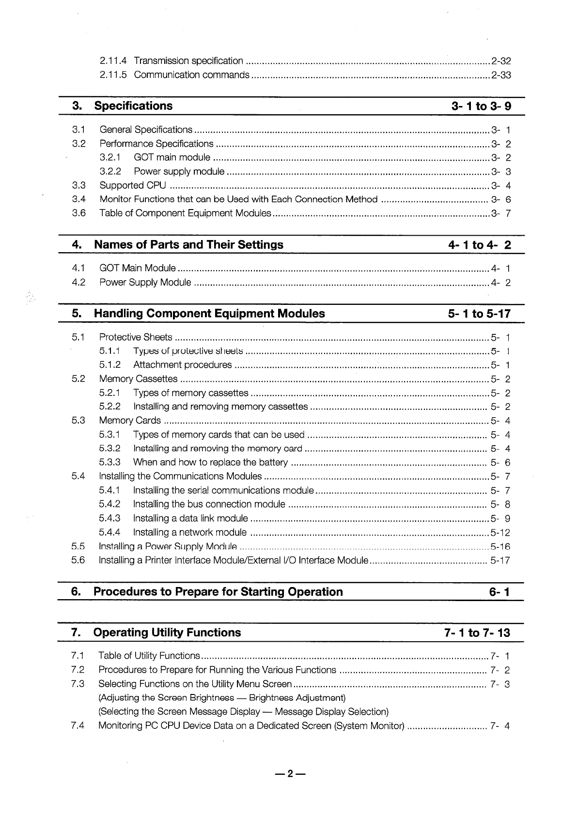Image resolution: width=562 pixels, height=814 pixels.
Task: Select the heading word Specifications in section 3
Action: click(x=133, y=106)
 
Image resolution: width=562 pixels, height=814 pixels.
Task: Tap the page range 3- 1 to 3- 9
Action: click(x=481, y=106)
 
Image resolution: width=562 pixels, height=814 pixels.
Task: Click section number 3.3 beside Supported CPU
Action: click(x=78, y=185)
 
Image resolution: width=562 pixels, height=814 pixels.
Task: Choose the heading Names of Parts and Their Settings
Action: click(x=188, y=245)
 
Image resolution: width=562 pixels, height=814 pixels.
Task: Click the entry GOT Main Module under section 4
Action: click(x=137, y=268)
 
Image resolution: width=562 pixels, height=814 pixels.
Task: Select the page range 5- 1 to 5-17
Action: click(x=479, y=314)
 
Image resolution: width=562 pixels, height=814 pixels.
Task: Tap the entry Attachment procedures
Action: click(x=182, y=365)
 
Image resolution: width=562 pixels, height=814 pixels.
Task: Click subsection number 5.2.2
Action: click(x=109, y=407)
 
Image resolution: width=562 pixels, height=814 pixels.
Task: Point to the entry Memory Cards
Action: click(x=130, y=421)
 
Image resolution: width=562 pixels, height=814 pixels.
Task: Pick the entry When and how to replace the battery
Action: click(x=210, y=463)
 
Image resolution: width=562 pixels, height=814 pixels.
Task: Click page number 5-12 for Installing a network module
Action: click(x=500, y=533)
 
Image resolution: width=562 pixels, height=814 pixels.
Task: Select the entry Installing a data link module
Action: click(x=190, y=519)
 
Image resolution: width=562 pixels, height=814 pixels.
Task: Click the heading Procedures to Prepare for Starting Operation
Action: click(x=218, y=592)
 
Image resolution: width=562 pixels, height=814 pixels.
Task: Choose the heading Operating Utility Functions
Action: click(x=167, y=633)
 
